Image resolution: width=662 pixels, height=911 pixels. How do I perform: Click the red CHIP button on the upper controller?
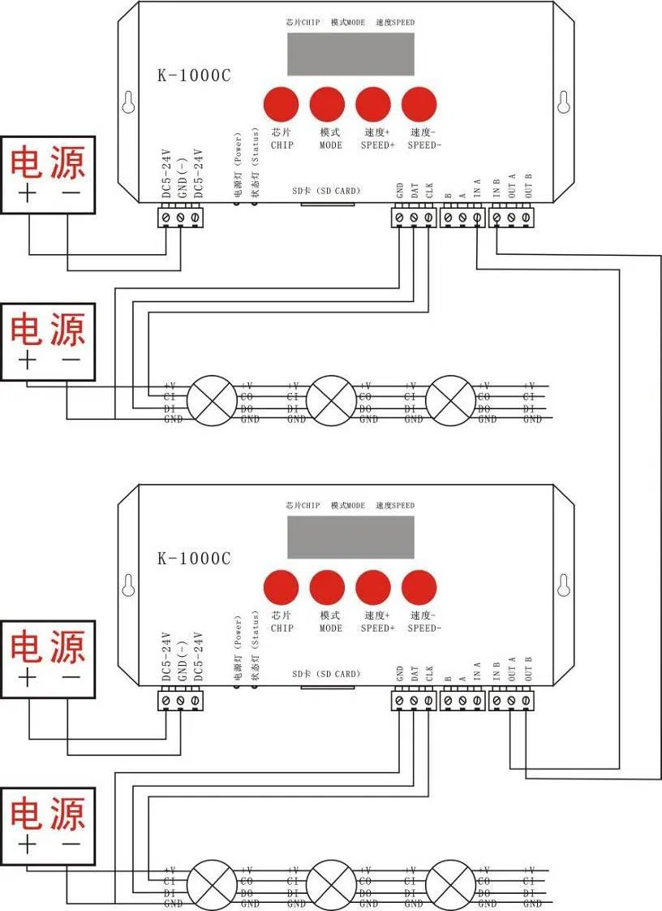281,104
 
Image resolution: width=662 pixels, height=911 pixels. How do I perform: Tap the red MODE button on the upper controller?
327,104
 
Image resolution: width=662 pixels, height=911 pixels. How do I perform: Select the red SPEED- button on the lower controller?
419,586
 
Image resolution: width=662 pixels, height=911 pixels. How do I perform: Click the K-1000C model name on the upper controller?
194,75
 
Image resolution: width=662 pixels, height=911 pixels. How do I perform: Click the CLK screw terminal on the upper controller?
428,218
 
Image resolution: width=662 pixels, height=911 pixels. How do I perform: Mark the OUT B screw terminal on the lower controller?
527,700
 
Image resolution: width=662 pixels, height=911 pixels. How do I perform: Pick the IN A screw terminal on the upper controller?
477,218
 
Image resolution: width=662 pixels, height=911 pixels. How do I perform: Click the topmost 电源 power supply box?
48,175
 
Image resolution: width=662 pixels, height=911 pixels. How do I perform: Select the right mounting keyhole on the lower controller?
565,586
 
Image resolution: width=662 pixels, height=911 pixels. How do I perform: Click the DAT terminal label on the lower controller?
415,674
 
